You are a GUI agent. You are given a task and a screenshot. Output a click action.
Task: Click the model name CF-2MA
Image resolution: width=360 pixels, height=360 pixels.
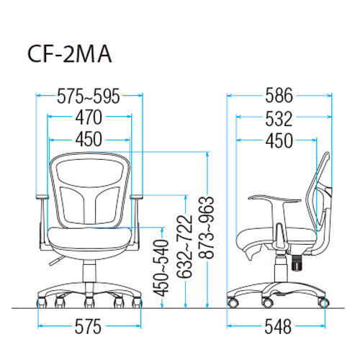tap(70, 54)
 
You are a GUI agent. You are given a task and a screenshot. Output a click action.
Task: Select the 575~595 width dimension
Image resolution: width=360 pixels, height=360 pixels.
tap(88, 96)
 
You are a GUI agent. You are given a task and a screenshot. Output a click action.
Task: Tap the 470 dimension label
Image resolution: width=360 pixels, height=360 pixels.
tap(89, 117)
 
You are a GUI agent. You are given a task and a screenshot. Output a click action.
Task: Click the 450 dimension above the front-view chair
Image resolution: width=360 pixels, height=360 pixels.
tap(89, 139)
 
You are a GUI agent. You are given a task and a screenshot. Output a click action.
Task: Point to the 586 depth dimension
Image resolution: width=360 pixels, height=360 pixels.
tap(279, 95)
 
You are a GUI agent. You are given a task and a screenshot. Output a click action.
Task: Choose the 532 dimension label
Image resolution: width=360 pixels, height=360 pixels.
tap(279, 118)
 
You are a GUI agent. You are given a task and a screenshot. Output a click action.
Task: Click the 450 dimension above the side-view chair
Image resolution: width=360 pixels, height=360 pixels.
tap(279, 140)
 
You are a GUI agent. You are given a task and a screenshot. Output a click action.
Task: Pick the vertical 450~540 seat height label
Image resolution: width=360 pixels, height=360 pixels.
tap(161, 268)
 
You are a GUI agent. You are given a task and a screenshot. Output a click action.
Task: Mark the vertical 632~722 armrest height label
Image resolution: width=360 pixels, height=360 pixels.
tap(185, 246)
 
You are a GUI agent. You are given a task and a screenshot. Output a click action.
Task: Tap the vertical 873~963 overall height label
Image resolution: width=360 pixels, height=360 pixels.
tap(206, 228)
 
